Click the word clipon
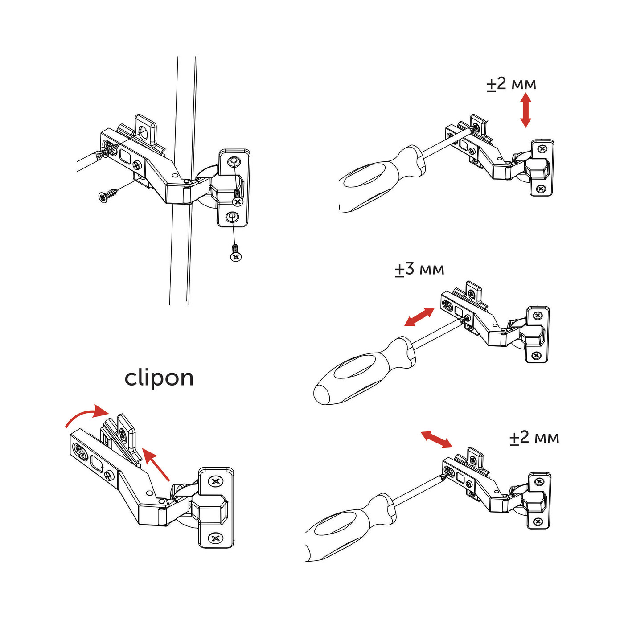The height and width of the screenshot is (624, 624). [159, 378]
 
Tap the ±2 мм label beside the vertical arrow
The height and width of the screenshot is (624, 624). [511, 84]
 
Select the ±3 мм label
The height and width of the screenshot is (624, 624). [419, 269]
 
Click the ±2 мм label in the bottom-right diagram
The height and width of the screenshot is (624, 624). [534, 438]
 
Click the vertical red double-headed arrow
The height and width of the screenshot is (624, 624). [525, 110]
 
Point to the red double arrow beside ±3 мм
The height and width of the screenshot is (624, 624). [419, 317]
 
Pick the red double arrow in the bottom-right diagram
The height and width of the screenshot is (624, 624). [437, 439]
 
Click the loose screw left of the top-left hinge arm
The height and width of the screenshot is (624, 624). [107, 195]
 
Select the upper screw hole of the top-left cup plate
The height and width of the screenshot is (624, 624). [233, 161]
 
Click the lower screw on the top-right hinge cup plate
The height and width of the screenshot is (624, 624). [541, 189]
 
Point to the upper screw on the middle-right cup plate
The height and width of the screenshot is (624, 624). [537, 316]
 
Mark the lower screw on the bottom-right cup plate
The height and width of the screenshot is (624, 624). [539, 521]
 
